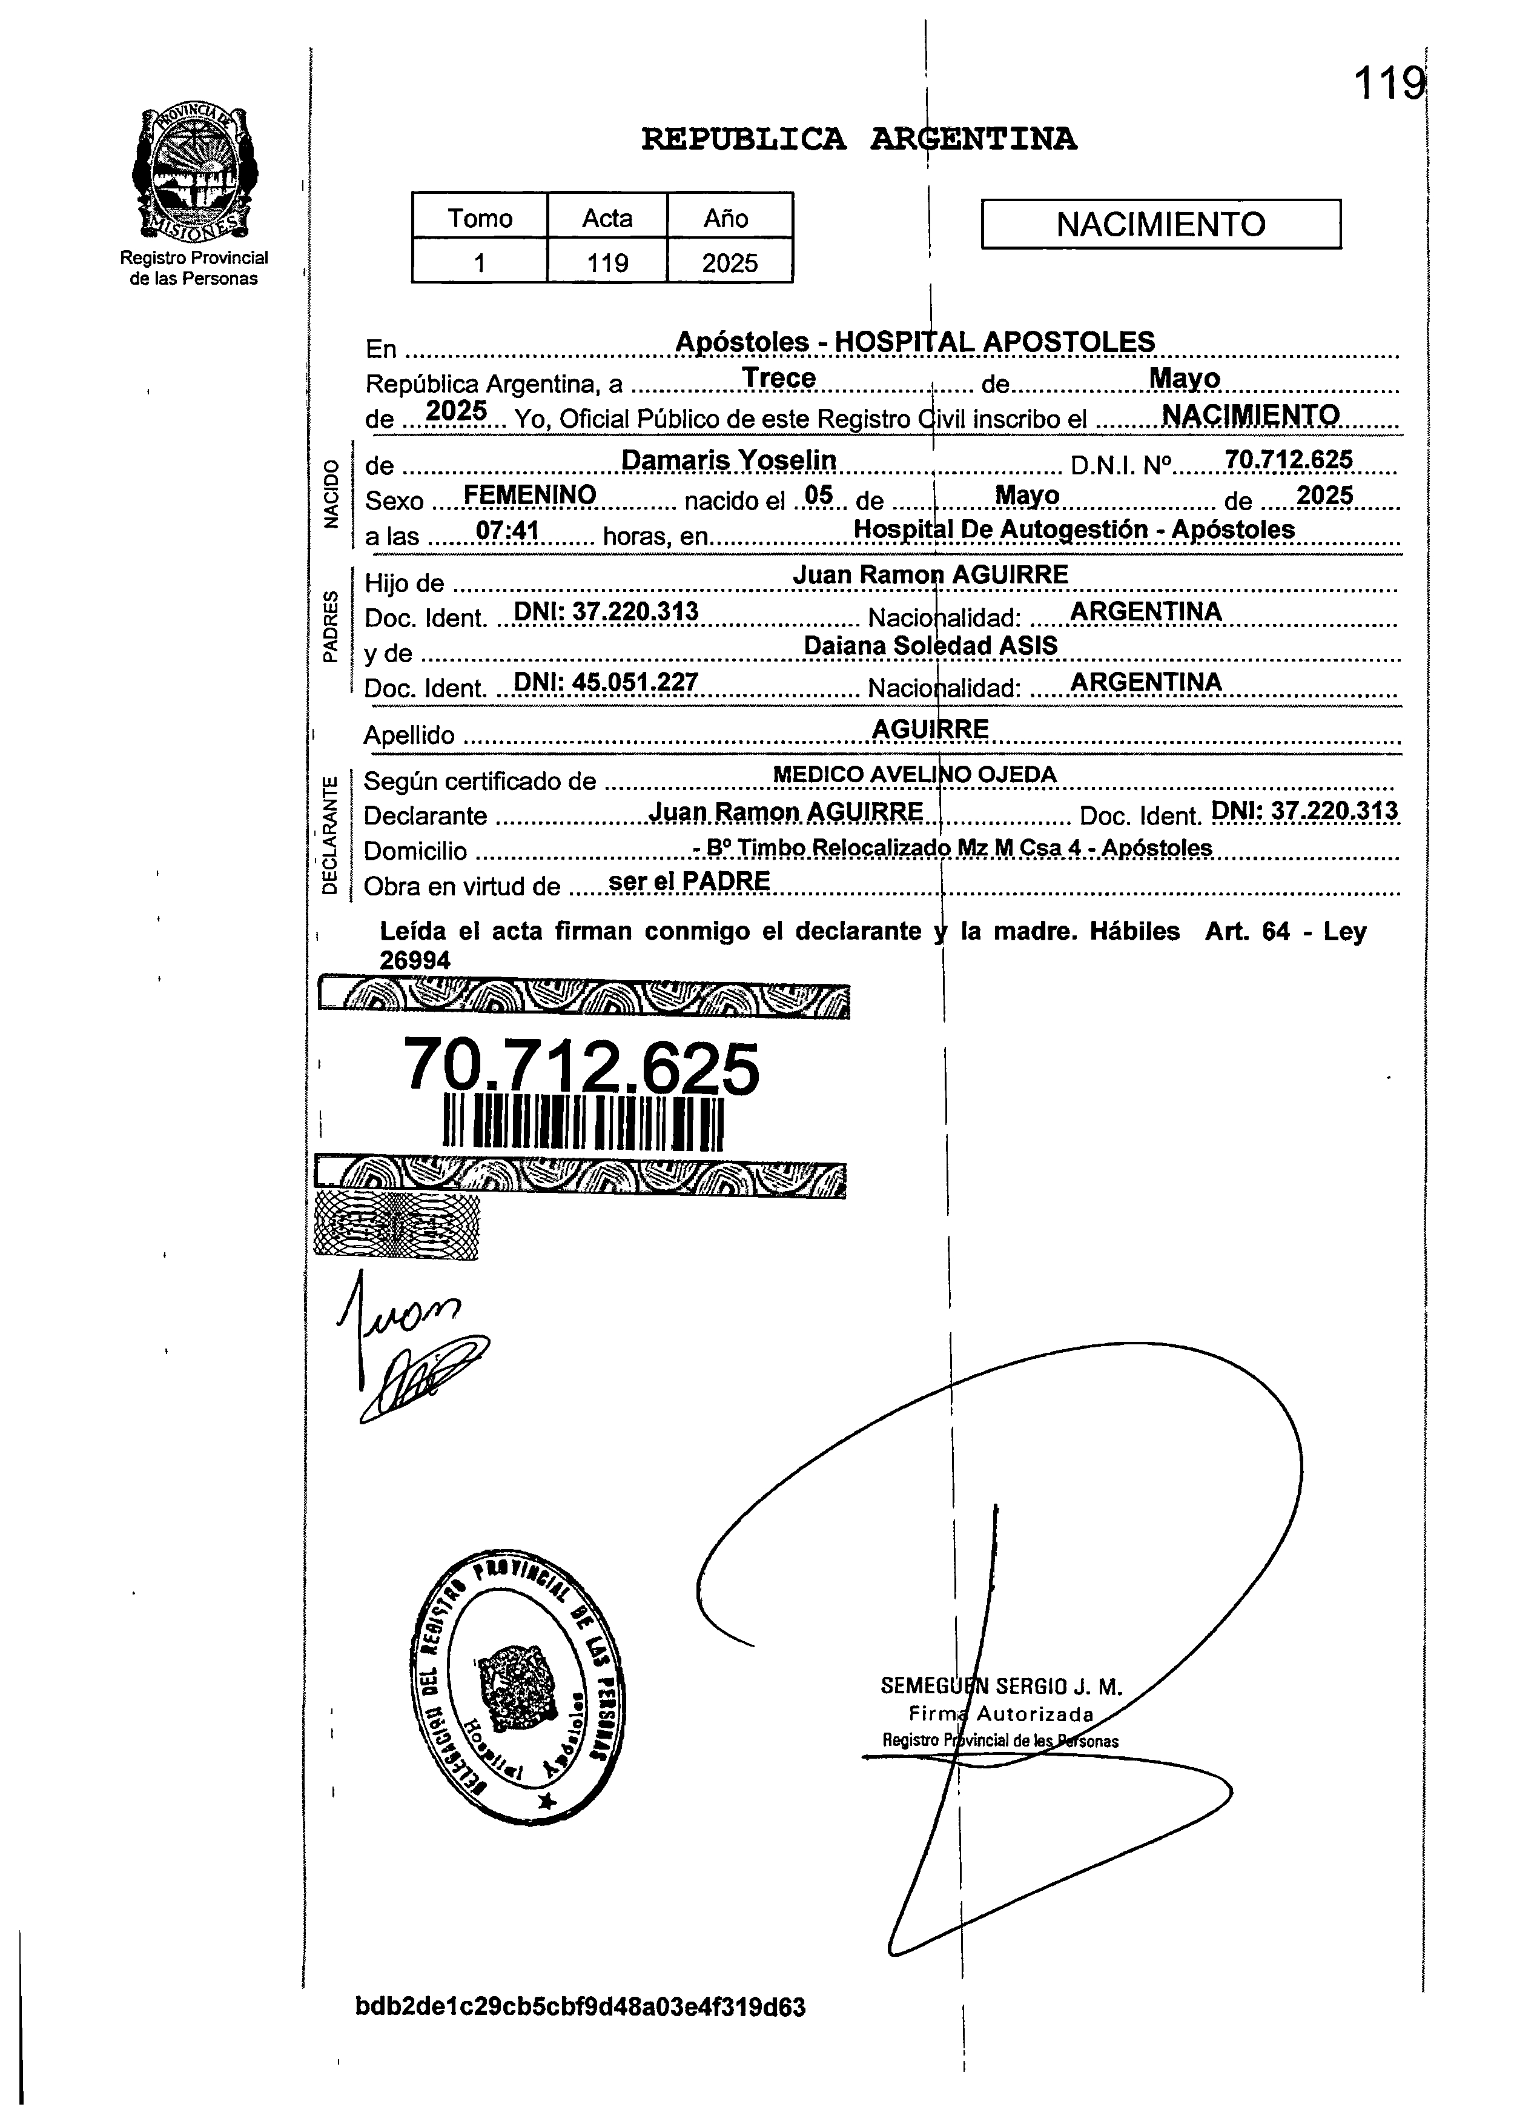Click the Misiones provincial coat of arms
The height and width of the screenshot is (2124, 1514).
click(194, 171)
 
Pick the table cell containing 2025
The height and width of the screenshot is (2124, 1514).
click(730, 263)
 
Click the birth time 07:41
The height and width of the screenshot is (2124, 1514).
click(507, 531)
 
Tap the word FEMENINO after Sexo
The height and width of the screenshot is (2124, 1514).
click(529, 495)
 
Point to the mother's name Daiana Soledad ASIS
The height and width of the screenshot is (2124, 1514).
click(930, 645)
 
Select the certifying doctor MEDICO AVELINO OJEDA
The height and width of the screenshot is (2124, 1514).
click(914, 774)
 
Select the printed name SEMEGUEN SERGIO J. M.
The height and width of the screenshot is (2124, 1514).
click(1001, 1686)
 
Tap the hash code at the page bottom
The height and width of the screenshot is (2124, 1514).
click(580, 2006)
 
